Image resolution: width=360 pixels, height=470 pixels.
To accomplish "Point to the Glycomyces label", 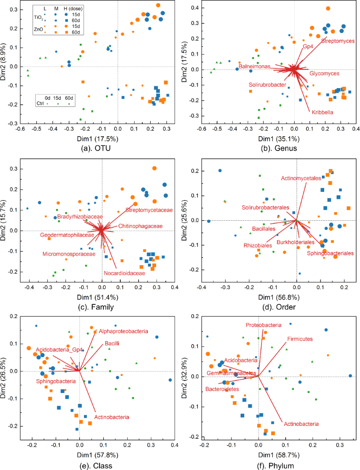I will pyautogui.click(x=324, y=73).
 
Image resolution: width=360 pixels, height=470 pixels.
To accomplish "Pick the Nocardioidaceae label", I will pyautogui.click(x=124, y=273).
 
